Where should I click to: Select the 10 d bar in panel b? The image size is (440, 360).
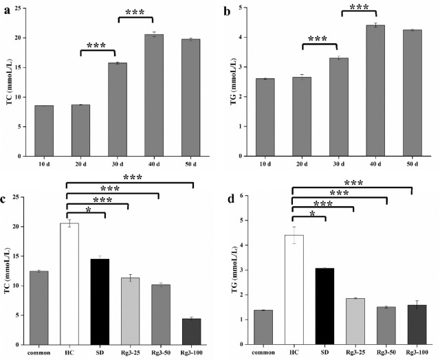pos(264,117)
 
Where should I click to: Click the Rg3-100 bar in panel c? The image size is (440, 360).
pos(190,331)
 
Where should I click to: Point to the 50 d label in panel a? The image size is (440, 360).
pos(190,165)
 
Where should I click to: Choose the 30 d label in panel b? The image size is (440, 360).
pos(340,165)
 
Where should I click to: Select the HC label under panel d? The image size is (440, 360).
pos(294,353)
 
